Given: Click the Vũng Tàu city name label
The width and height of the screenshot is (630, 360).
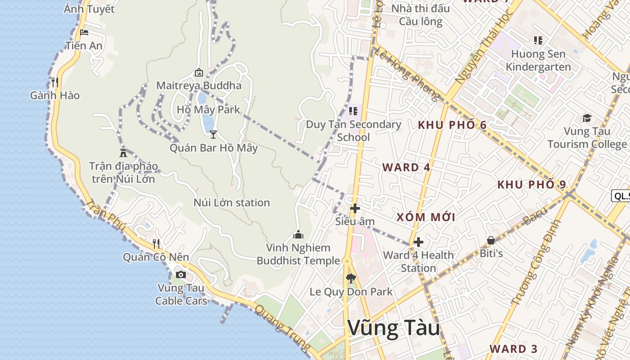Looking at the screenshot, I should pos(394,328).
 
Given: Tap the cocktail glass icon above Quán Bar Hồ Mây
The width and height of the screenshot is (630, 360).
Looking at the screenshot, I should pos(213,134).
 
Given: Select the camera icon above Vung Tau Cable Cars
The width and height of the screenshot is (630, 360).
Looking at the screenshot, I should pos(181,274).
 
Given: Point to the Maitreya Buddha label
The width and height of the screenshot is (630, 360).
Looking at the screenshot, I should pos(199,85).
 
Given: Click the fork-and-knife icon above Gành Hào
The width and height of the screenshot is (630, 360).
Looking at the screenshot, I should pos(55,82).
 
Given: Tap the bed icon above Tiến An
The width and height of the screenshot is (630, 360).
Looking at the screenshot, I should pos(84,32).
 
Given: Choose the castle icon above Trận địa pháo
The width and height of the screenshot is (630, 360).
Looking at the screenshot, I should pos(123,152).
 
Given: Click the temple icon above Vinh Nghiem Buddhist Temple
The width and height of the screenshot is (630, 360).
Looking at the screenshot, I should pos(298,234).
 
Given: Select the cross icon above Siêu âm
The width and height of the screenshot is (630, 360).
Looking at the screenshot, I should pos(355,208).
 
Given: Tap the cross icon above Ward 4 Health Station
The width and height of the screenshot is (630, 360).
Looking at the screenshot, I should pos(418,242).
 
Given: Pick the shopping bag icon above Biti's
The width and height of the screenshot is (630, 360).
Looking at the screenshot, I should pos(491,240).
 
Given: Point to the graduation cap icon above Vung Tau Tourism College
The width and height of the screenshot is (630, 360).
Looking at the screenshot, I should pos(587,118).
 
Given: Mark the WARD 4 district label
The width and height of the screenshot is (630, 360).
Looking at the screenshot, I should pos(406,167).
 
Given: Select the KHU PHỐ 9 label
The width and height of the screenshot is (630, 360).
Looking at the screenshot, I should pos(531,184).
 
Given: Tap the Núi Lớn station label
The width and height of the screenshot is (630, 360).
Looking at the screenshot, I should pos(232,202).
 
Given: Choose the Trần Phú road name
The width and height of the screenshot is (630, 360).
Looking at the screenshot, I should pos(104,215).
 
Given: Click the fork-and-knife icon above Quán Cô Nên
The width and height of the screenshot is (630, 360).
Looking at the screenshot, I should pos(156,243).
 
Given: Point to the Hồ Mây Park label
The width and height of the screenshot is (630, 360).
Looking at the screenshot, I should pos(208,109).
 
